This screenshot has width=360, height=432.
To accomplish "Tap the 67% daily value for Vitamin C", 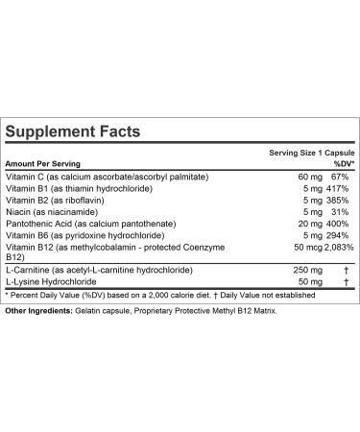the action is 339,178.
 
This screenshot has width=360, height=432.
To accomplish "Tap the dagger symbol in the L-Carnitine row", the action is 342,287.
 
